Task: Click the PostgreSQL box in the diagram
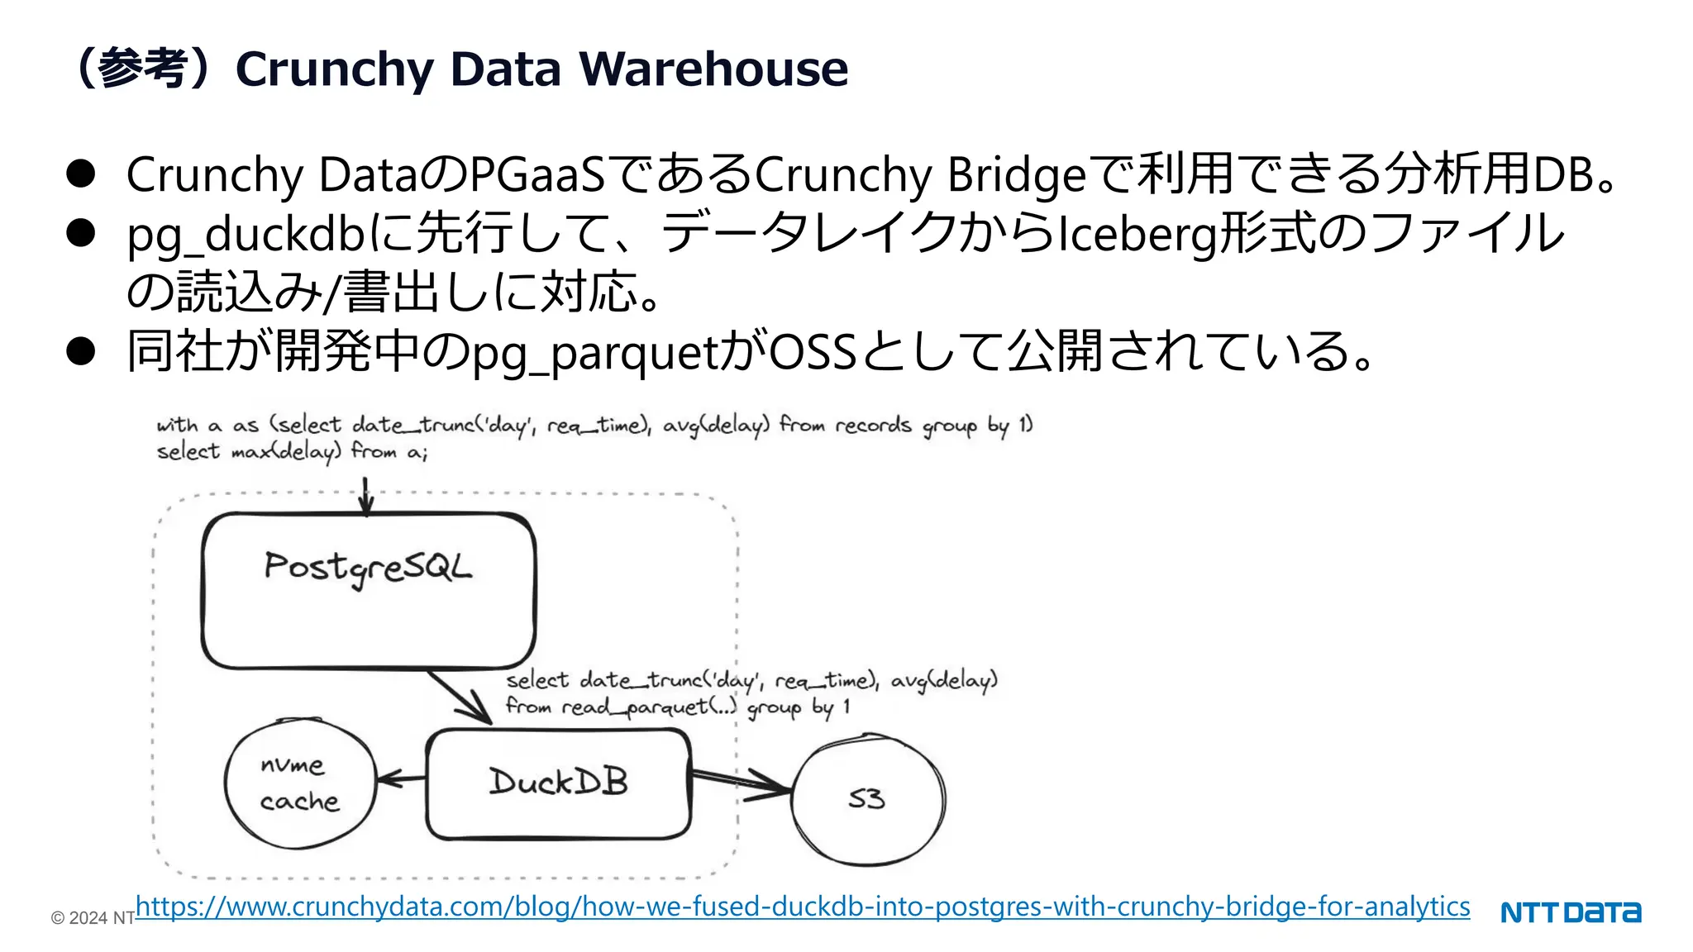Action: point(369,590)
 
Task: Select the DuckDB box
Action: point(559,783)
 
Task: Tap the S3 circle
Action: point(868,798)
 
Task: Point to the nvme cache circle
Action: point(299,783)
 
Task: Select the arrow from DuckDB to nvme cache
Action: point(402,778)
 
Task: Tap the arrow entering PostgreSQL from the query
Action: point(366,496)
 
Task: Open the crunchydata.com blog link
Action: point(802,907)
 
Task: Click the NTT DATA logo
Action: point(1571,912)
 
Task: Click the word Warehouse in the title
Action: point(713,69)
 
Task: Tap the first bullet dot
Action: point(81,174)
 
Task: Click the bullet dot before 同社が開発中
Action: point(81,351)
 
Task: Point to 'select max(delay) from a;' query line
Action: point(292,452)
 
